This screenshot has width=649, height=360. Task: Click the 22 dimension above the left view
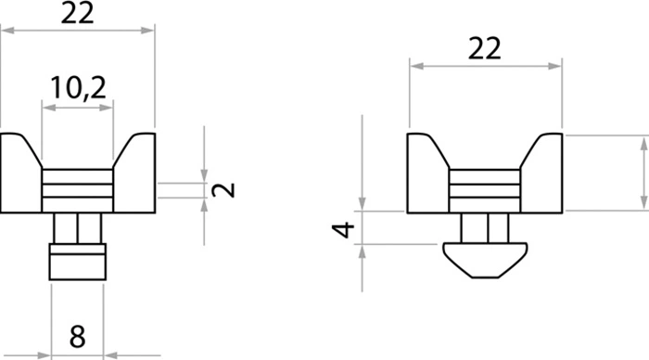click(77, 13)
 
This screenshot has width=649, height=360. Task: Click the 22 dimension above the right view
click(484, 49)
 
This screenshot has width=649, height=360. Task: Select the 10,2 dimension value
click(78, 87)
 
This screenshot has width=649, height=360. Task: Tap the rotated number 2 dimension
click(223, 190)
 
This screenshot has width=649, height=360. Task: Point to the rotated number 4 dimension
click(343, 230)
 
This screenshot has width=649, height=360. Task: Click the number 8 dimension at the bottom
click(77, 337)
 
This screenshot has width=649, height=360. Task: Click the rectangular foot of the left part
click(77, 262)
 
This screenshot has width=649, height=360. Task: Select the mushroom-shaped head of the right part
click(485, 260)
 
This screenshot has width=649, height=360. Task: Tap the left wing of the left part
click(20, 174)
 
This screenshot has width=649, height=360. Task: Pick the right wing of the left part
click(134, 174)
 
